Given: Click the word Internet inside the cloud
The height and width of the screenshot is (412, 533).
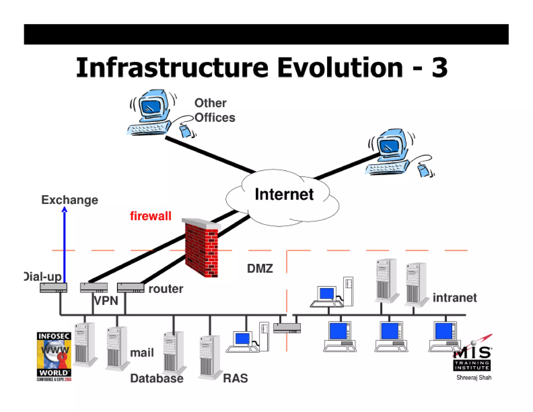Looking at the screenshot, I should tap(284, 194).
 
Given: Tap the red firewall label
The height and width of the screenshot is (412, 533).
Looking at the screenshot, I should tap(150, 216).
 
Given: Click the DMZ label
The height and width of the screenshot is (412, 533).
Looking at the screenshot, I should tap(260, 269).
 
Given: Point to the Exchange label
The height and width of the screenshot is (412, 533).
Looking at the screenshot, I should tap(69, 200).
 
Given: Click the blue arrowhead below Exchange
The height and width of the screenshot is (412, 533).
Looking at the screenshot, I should tap(65, 210).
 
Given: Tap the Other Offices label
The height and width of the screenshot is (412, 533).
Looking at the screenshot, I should tap(214, 110).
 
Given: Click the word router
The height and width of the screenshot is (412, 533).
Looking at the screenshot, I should tap(166, 289).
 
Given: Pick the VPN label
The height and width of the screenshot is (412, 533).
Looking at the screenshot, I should tap(106, 301).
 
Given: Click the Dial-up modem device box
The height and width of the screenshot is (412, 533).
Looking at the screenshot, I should tap(53, 288).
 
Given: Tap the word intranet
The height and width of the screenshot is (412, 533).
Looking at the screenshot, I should tap(454, 298).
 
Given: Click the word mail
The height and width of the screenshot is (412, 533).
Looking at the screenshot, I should tap(142, 353).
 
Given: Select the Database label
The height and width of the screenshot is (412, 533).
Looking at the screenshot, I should tap(157, 378).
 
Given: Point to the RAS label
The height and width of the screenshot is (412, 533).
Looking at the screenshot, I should tap(235, 378).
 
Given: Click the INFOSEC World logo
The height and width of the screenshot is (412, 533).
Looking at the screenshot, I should tap(54, 356).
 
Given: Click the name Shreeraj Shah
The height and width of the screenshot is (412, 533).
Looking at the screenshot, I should tap(474, 378).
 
